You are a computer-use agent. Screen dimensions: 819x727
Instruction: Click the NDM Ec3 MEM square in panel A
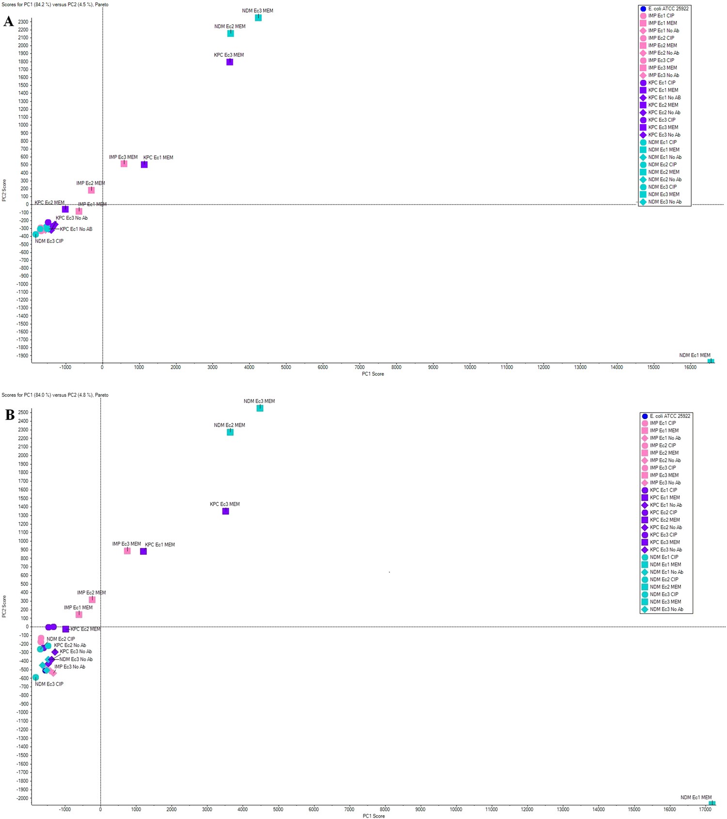click(258, 18)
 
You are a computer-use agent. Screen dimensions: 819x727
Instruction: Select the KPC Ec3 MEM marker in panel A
click(230, 62)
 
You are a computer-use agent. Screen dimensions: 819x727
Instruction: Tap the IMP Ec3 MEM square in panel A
click(124, 164)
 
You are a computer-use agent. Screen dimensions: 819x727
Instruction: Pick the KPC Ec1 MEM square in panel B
click(143, 551)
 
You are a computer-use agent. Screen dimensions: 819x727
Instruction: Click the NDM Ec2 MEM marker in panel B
click(230, 432)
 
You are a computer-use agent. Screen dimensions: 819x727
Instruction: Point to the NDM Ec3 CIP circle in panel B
click(36, 677)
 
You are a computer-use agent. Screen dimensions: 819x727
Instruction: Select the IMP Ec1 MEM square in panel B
click(79, 614)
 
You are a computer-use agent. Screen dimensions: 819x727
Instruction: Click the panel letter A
click(8, 21)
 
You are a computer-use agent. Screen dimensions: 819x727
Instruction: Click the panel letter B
click(10, 415)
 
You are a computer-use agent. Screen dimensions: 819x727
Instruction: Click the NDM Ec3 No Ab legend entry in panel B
click(666, 610)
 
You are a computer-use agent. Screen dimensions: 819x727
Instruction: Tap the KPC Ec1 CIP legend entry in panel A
click(662, 83)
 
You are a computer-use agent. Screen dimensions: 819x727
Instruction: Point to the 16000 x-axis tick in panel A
click(690, 367)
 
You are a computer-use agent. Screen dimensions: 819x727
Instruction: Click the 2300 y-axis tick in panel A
click(23, 22)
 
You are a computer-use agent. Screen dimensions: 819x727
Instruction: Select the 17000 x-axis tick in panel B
click(705, 809)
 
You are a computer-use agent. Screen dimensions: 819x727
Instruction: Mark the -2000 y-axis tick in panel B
click(22, 798)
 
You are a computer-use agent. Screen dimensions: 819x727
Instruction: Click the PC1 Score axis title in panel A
click(373, 374)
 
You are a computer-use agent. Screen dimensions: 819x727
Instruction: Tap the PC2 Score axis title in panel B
click(4, 606)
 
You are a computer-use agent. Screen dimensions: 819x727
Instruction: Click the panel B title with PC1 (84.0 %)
click(55, 395)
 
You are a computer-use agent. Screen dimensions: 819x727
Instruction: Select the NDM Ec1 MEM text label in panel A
click(695, 355)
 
